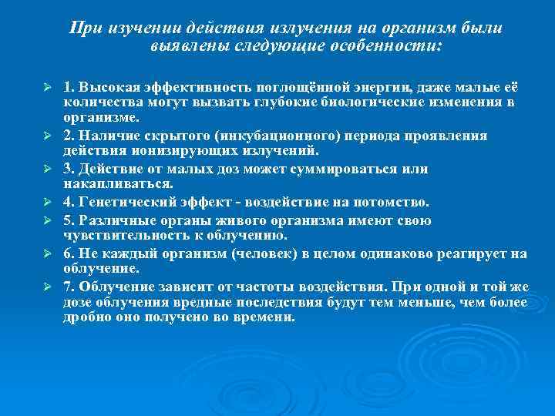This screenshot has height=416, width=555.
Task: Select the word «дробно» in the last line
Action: click(86, 317)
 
